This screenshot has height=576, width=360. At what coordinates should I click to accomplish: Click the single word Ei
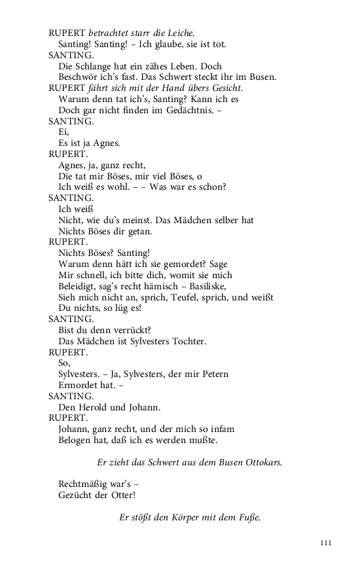pos(63,132)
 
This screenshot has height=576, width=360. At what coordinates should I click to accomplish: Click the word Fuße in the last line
pos(245,517)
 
